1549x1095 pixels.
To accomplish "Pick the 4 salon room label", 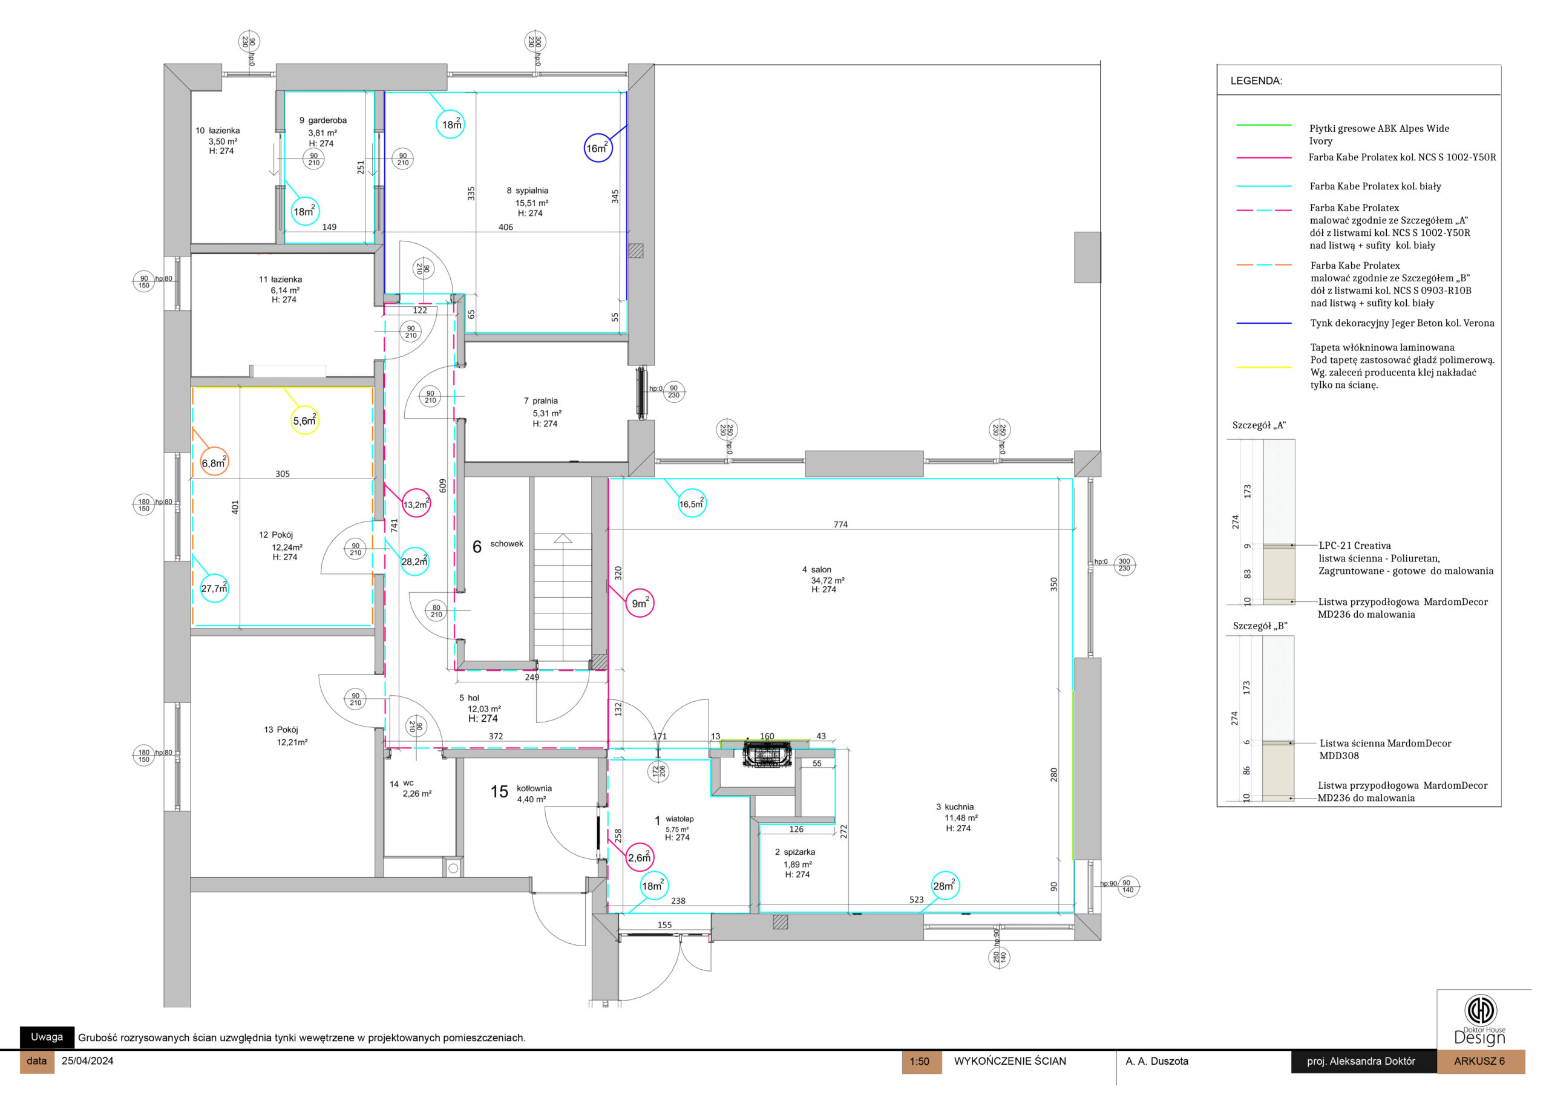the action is (816, 569).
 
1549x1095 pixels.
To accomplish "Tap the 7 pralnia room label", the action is (540, 400).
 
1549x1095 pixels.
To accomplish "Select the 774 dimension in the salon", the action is (840, 525).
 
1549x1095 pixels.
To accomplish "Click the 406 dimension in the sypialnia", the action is (506, 227).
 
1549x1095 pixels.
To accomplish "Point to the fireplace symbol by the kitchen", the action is (767, 754).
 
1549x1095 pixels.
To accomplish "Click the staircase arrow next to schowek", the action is (563, 538).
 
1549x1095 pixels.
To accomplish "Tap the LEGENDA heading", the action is (1256, 81).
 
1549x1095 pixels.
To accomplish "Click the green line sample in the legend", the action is (1263, 125).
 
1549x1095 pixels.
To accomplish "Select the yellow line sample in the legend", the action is (1263, 368).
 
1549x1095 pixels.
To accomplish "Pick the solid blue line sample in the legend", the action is (1263, 323).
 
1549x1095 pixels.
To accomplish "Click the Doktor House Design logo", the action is (1479, 1019).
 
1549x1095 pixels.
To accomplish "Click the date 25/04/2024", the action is (87, 1061).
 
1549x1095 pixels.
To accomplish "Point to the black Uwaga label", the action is (47, 1037).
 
